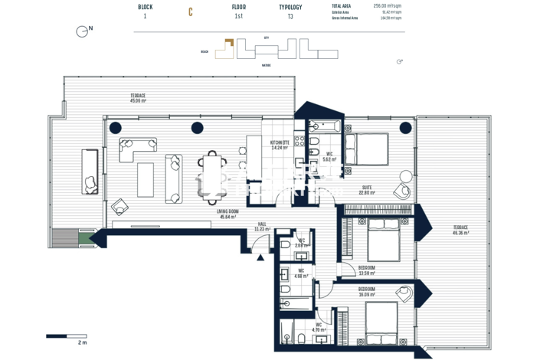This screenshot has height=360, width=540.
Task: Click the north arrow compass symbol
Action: point(82,31)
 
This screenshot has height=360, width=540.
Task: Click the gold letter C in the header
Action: point(191,12)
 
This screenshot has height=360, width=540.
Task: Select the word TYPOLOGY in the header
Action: point(290,7)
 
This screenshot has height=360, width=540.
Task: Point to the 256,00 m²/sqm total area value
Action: point(388,5)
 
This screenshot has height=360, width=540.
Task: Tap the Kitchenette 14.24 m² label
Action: point(279,145)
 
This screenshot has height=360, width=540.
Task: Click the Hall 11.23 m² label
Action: point(263,227)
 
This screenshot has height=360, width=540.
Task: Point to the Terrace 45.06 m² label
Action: point(138,98)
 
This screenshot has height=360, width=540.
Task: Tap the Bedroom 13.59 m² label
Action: point(367,270)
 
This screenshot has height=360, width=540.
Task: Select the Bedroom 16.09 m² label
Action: point(367,292)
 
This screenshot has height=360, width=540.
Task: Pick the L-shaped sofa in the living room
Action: point(135,149)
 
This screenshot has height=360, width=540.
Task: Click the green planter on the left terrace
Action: point(83,240)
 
